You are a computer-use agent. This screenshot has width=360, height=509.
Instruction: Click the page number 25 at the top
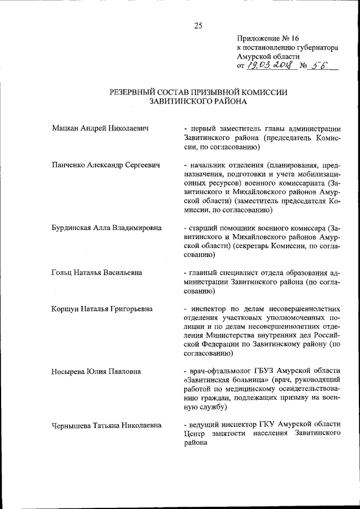coord(198,25)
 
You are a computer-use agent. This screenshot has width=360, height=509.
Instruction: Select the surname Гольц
coord(61,272)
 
